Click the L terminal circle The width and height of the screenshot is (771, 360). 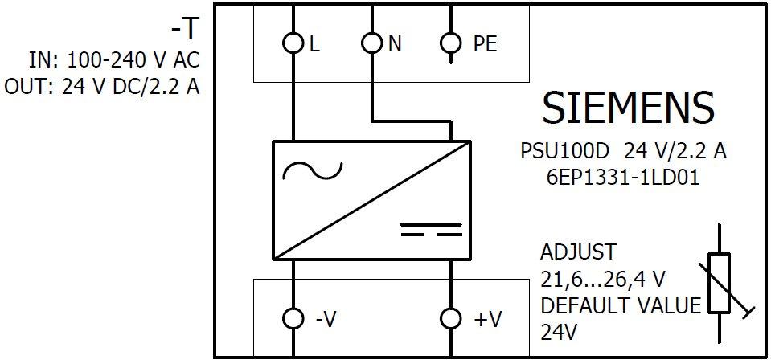(293, 43)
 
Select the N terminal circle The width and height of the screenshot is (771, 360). (371, 43)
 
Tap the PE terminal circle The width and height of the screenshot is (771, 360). (452, 43)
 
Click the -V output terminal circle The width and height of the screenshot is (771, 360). (293, 319)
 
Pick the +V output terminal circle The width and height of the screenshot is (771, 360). (452, 319)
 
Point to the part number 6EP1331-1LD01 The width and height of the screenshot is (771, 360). (621, 178)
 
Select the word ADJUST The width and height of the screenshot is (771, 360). (579, 252)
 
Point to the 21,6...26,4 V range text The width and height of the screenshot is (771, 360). (603, 279)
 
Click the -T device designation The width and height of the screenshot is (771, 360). (183, 30)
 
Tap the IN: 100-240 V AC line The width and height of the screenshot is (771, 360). (114, 60)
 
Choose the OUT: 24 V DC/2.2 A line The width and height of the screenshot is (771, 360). (102, 87)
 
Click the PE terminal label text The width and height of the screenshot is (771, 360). (485, 44)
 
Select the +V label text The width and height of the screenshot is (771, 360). (488, 320)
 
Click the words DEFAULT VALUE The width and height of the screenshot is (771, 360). (621, 305)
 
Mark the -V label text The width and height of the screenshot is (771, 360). (325, 320)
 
